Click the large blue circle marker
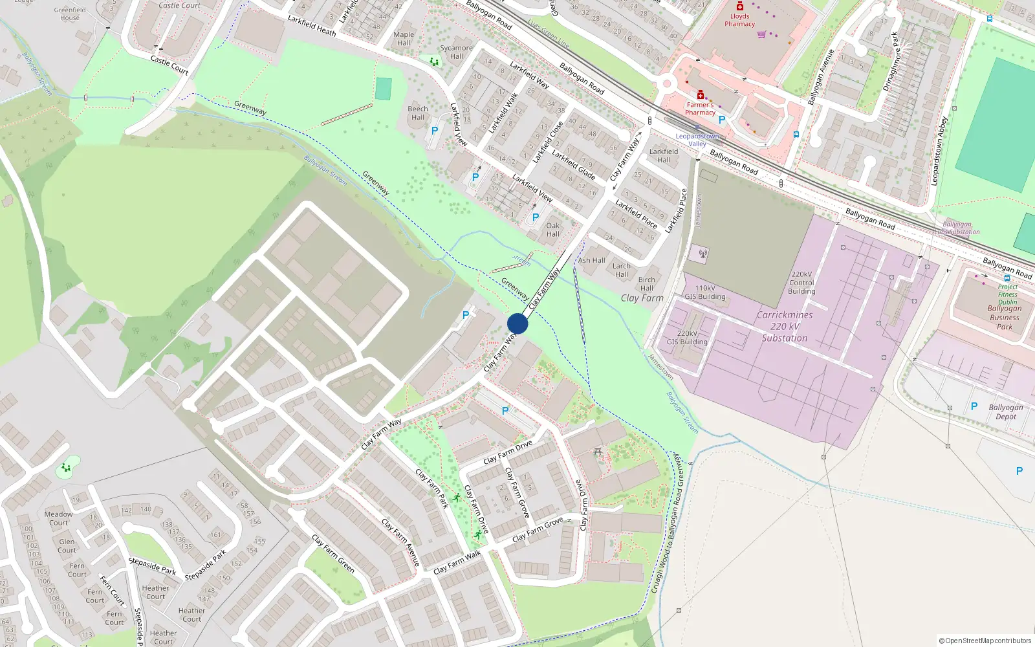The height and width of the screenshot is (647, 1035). (517, 323)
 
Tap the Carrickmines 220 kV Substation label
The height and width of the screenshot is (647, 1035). (784, 326)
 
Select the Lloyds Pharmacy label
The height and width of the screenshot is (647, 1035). (739, 20)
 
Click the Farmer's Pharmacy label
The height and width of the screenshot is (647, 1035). (700, 108)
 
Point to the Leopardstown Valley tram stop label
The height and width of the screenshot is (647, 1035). (697, 140)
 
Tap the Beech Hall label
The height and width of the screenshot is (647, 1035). (417, 113)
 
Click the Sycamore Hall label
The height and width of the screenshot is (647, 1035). (456, 52)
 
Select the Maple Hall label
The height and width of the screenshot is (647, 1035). (404, 39)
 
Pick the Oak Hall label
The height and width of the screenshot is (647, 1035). (552, 230)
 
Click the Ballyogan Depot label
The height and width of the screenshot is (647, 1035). (1005, 411)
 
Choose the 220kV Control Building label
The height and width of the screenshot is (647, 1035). (801, 283)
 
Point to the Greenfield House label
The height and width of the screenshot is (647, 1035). (70, 14)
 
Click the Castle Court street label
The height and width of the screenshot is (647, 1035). (169, 65)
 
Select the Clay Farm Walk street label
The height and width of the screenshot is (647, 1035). (457, 562)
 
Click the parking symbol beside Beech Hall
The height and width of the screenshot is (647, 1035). (435, 130)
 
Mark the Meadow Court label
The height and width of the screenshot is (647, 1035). (58, 518)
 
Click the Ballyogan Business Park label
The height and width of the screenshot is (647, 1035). (1004, 317)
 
